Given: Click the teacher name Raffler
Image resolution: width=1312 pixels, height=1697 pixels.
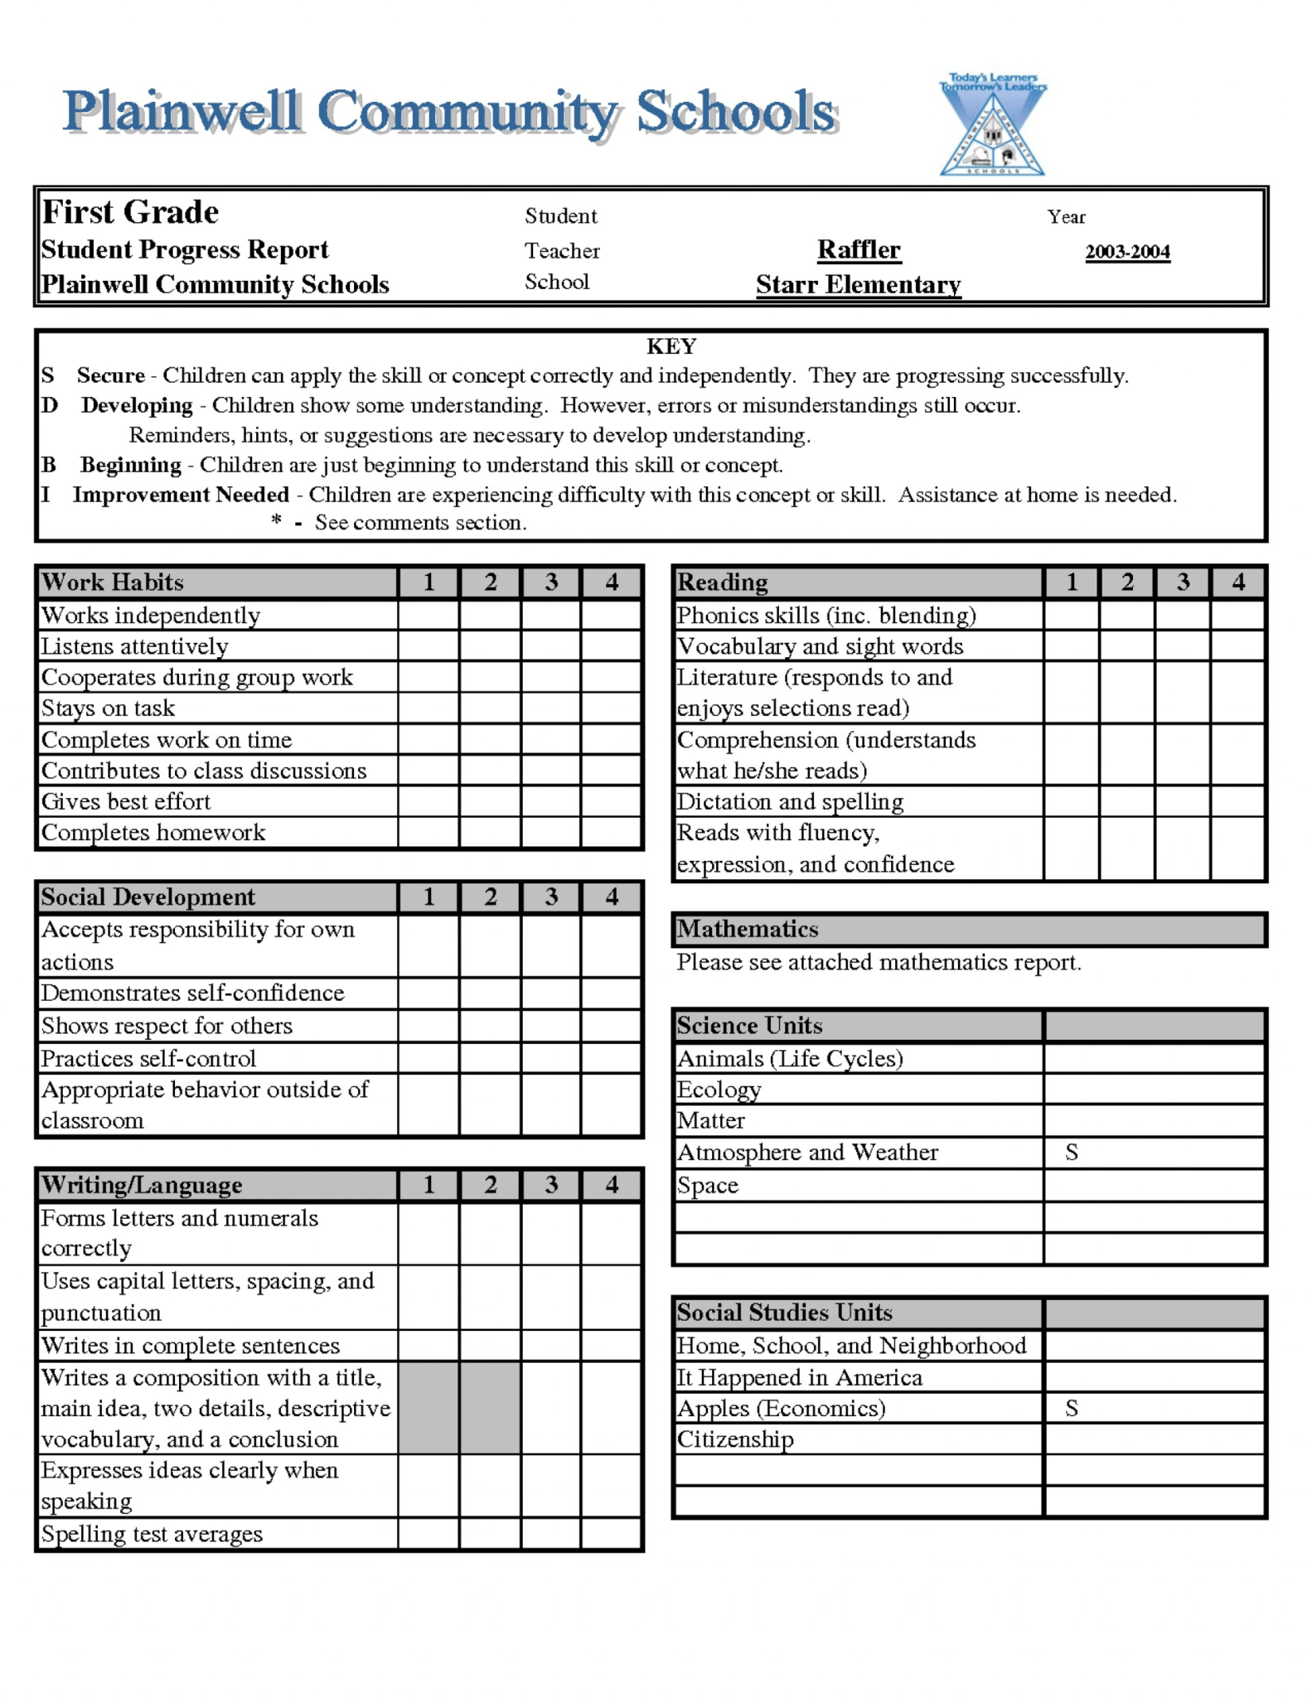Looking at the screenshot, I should point(858,249).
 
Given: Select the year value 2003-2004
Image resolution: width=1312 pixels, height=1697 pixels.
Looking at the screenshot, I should point(1127,252).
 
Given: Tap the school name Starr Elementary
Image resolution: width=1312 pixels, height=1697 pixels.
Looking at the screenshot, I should point(858,284).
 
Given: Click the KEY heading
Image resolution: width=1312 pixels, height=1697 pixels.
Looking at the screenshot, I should point(671,346).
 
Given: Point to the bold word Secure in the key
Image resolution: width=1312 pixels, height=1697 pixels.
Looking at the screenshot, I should point(110,375).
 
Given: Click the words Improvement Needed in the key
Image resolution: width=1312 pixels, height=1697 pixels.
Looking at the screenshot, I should point(181,495).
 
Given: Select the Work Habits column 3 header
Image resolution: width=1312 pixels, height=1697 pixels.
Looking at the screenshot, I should point(551,582).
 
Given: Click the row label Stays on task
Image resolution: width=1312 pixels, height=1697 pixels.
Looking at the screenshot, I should point(108,708).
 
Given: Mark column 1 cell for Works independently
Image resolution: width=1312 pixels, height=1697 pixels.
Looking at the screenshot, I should point(428,615).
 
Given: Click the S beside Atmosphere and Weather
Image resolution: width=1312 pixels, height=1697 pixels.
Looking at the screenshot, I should point(1071,1152).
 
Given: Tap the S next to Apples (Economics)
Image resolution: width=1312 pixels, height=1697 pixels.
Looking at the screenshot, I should point(1071,1408).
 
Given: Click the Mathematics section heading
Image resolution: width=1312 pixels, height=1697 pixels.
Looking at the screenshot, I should point(748,929).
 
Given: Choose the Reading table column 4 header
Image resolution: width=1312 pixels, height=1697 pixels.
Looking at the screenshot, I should point(1237,582).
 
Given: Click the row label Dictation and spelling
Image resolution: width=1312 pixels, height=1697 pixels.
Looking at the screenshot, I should point(790,801).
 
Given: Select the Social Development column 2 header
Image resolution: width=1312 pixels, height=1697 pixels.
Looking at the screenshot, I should point(490,897).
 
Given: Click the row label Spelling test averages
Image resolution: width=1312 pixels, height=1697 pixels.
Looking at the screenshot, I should point(152,1534).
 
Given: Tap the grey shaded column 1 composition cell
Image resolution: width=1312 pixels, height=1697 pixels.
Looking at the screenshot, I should point(428,1407).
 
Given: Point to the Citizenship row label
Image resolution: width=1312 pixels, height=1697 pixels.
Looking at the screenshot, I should point(735,1439).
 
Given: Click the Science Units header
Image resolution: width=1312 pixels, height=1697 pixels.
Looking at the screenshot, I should point(749,1025).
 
